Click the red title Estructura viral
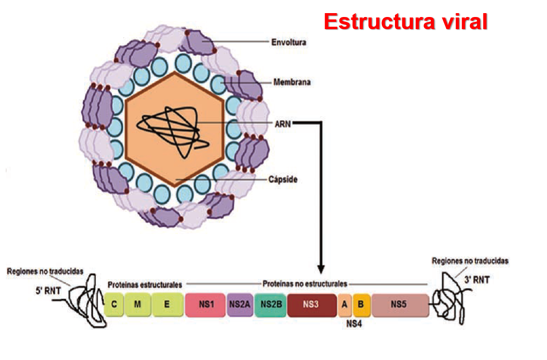click(406, 21)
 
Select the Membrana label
click(291, 83)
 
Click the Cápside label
click(283, 180)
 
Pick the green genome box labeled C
click(114, 305)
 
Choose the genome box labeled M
click(138, 305)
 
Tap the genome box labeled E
click(167, 305)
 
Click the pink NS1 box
click(206, 305)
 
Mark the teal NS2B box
click(270, 305)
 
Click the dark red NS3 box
click(311, 305)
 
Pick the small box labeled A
click(345, 305)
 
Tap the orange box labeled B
click(361, 305)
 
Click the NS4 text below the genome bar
click(354, 322)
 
